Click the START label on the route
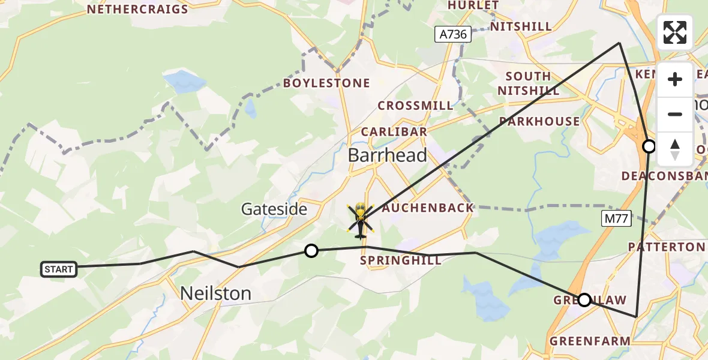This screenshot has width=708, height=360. point(59,269)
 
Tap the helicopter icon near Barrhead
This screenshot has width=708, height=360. point(360,220)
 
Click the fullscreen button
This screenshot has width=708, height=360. point(675,32)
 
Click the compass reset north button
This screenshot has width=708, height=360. point(675,149)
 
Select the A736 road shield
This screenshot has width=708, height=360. point(453,34)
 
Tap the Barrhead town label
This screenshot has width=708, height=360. point(388,155)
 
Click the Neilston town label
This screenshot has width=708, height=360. point(216,293)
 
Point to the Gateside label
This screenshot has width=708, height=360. point(274,209)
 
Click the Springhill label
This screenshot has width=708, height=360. point(401,260)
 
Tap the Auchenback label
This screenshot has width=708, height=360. point(428,208)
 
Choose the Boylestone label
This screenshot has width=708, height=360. point(326,83)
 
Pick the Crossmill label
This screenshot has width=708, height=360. point(415,106)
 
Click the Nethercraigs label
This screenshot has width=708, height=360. point(137,9)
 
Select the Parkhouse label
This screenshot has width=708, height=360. point(539,121)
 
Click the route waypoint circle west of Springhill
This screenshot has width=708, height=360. point(311,251)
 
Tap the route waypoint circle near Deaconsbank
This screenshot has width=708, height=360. point(649,146)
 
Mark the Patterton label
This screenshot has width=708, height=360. point(666,247)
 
